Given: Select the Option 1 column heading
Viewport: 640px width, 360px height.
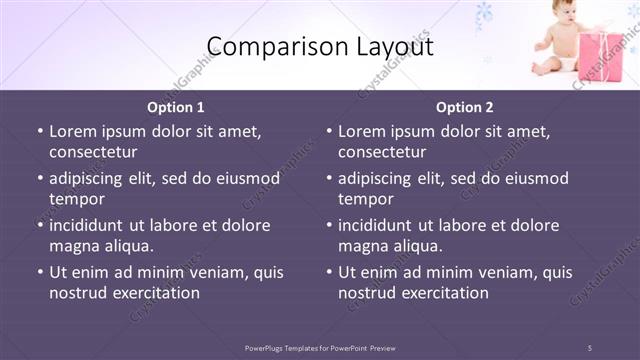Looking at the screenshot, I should (176, 107).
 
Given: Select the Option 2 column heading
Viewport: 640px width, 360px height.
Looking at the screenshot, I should (465, 107).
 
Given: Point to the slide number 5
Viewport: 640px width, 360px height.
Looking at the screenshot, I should (590, 347).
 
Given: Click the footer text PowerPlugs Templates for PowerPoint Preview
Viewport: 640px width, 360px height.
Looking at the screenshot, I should (320, 347).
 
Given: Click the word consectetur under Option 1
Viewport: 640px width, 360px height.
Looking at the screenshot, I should (93, 151).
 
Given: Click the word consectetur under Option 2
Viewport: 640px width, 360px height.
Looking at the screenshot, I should (382, 151).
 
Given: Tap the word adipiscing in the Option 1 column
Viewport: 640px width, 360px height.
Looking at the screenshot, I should (91, 178).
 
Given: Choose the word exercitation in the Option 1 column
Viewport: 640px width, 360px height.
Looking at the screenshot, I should (153, 293).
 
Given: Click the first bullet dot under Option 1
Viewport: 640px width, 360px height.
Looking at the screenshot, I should (39, 132).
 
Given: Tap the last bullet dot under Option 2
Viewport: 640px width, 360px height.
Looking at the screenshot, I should (328, 273).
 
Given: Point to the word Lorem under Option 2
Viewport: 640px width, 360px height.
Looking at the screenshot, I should (361, 131).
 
